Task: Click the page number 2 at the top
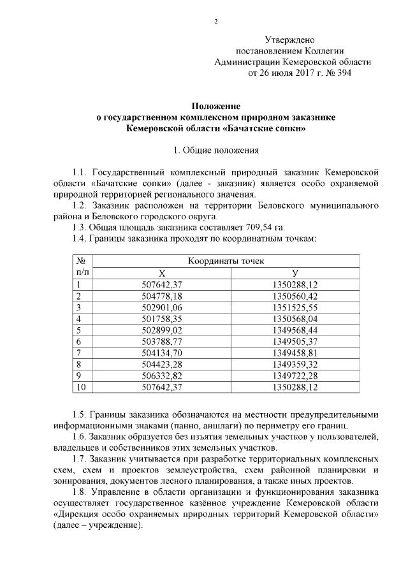coord(215,22)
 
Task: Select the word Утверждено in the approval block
coord(290,40)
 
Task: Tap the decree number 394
coord(339,73)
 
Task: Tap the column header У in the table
coord(295,273)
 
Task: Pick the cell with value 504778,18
coord(162,296)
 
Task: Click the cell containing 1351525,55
coord(295,307)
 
